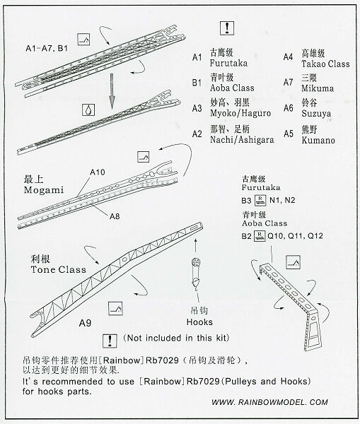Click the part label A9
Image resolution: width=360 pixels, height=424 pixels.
coord(85,323)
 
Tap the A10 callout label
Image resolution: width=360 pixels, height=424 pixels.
coord(98,172)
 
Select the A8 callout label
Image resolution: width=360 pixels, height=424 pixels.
coord(115,216)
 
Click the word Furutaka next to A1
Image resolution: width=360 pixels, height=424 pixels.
coord(228,63)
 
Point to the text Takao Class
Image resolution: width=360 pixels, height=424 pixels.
coord(325,64)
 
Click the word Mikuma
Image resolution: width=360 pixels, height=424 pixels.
coord(318,88)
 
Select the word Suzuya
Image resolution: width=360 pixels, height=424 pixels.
coord(316,113)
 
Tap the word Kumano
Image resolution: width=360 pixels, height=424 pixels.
coord(318,140)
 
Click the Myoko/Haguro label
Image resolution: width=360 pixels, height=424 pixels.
coord(240,113)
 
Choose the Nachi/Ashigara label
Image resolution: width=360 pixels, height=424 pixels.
coord(242,139)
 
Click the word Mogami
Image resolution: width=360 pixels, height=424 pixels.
coord(44,190)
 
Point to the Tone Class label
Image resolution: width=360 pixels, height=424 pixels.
coord(59,269)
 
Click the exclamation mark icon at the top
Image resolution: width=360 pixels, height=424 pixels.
coord(227,28)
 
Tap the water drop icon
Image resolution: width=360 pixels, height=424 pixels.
coord(88,110)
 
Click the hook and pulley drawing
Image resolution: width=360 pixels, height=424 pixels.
coord(195,274)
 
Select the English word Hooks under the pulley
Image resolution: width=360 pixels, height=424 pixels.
coord(199,322)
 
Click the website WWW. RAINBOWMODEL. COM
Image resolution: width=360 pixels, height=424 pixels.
coord(269,402)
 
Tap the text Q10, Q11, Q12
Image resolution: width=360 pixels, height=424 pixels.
coord(296,236)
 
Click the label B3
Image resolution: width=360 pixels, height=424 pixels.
coord(246,201)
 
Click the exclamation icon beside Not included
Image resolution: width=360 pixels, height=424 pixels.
coord(110,341)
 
